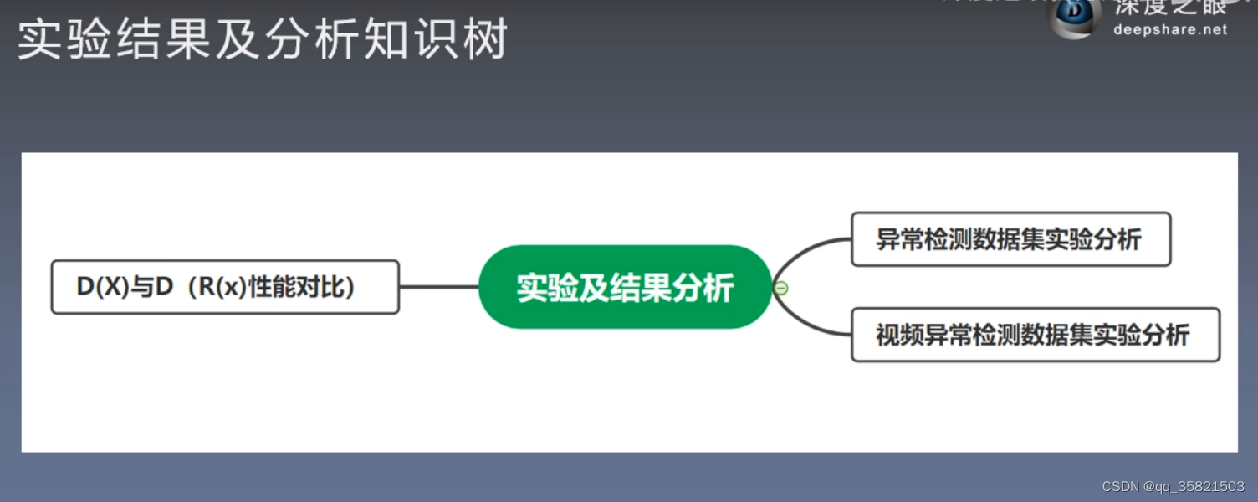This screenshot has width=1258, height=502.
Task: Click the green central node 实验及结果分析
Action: click(x=625, y=287)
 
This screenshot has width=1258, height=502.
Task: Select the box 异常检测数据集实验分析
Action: click(x=1010, y=239)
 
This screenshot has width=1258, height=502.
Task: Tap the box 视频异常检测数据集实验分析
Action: click(x=1035, y=335)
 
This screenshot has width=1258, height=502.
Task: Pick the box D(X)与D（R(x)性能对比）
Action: click(x=225, y=287)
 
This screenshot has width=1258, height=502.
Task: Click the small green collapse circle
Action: click(x=781, y=288)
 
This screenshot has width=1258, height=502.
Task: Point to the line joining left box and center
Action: click(x=438, y=287)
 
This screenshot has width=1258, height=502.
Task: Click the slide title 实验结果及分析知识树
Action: click(x=263, y=40)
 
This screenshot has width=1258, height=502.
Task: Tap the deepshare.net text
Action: click(x=1170, y=29)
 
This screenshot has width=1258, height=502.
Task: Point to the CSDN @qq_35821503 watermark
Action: click(x=1173, y=487)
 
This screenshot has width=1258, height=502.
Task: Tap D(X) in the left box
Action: click(x=100, y=287)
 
